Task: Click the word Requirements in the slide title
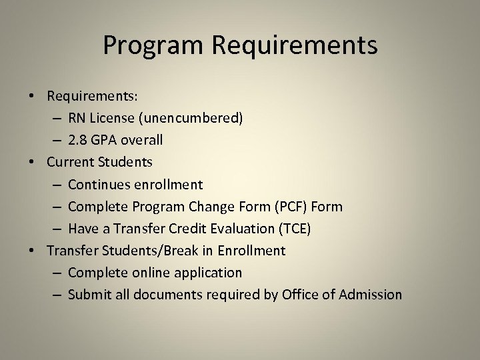[x=295, y=46]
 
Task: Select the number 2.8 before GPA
[x=79, y=140]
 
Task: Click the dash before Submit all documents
[x=57, y=294]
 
